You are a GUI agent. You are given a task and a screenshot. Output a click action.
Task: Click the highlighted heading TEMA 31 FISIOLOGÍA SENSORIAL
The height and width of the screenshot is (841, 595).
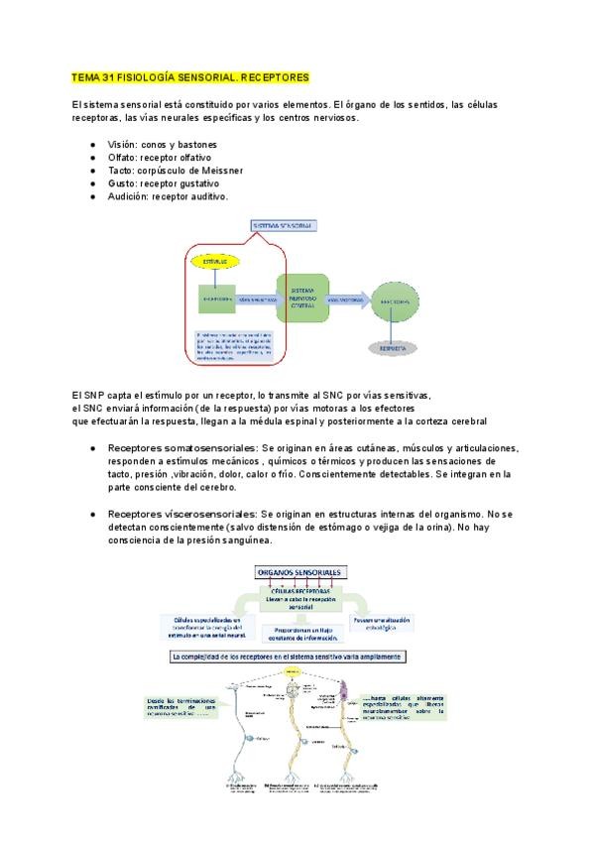190,76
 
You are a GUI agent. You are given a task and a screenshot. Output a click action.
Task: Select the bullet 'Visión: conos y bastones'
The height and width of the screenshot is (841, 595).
163,145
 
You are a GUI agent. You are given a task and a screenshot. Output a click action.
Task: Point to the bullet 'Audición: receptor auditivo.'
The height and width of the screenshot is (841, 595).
168,196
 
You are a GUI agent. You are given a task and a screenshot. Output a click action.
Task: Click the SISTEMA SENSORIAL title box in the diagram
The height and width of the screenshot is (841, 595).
284,227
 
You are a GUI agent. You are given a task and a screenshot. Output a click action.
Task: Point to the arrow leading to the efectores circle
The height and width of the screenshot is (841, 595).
348,298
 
